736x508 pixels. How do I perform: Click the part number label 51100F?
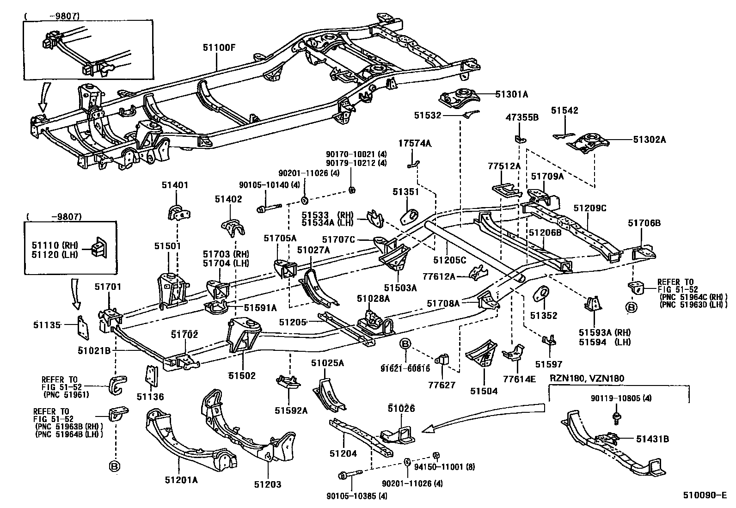[x=219, y=47]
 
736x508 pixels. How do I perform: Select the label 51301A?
[x=511, y=94]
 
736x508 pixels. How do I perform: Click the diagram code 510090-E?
[x=705, y=496]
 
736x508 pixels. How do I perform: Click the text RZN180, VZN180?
[x=586, y=379]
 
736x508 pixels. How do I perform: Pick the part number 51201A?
[x=181, y=480]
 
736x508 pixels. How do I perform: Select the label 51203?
[x=267, y=484]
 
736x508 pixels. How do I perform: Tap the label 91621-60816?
[x=405, y=368]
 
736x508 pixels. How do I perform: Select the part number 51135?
[x=47, y=325]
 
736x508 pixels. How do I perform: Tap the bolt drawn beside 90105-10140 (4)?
[x=269, y=209]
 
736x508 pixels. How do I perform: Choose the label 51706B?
[x=644, y=223]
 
